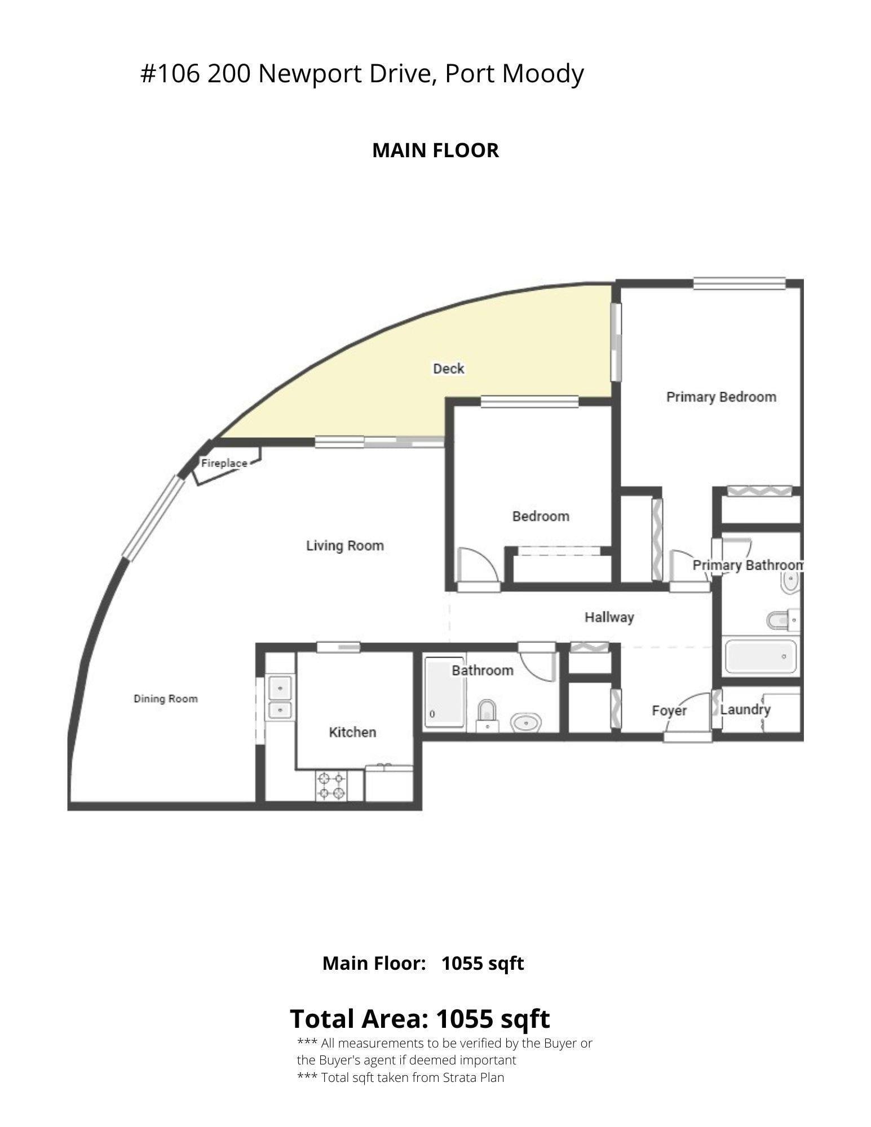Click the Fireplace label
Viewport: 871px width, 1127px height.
tap(224, 463)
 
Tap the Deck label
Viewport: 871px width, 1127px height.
tap(448, 369)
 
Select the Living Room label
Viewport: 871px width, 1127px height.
tap(345, 545)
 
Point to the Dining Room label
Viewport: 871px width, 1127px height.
tap(166, 699)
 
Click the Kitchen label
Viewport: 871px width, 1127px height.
tap(352, 732)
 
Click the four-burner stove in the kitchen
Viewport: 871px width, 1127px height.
tap(331, 786)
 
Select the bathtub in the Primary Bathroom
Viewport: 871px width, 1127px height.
tap(761, 656)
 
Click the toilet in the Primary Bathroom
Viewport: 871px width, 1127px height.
tap(784, 620)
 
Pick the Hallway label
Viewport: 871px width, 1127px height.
tap(609, 618)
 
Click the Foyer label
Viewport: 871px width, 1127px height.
tap(669, 711)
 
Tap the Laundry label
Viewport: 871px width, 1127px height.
tap(745, 709)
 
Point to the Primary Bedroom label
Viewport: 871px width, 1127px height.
tap(721, 397)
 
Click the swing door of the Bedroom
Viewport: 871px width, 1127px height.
tap(478, 566)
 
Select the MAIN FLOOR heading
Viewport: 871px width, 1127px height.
tap(435, 150)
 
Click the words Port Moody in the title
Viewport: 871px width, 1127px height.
tap(514, 74)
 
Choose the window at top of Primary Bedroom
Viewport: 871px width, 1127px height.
tap(739, 283)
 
